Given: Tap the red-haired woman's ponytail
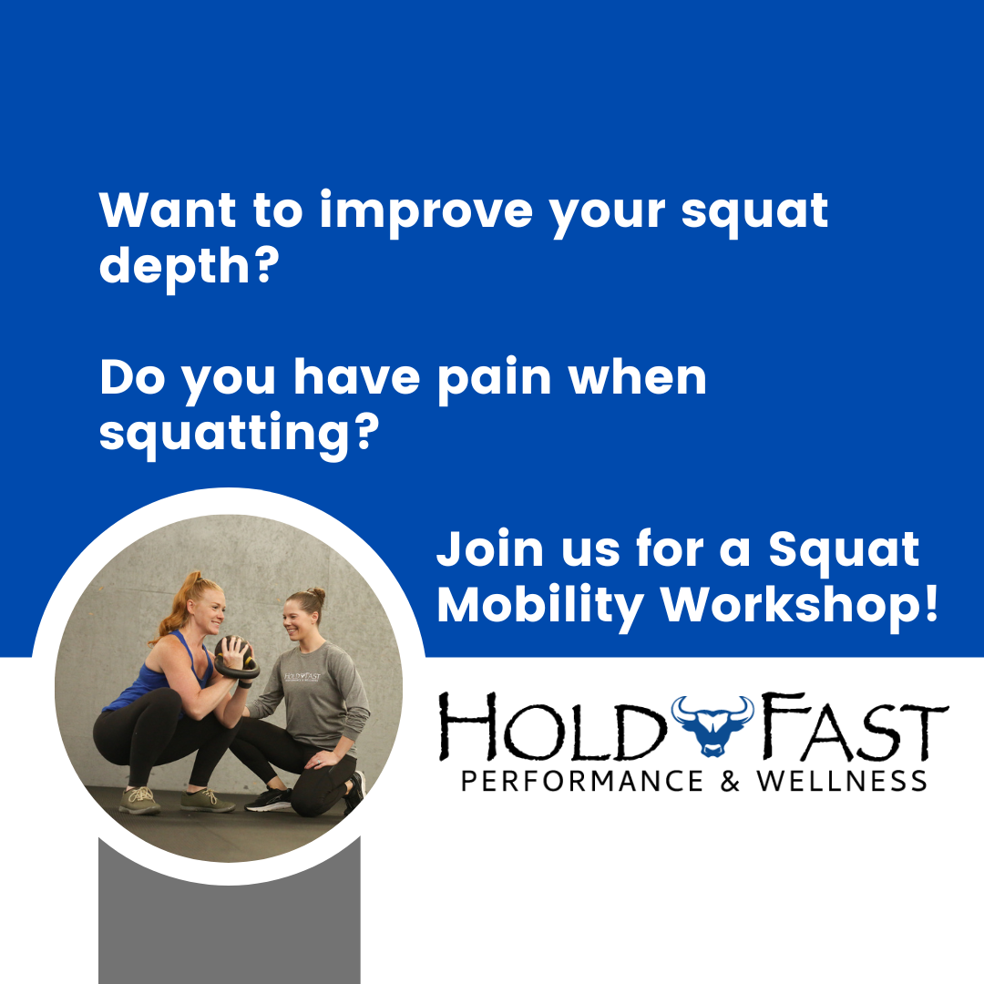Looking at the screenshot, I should (x=175, y=610).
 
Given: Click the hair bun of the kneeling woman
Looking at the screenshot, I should (x=316, y=593).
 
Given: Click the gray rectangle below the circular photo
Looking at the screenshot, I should (x=229, y=929).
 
